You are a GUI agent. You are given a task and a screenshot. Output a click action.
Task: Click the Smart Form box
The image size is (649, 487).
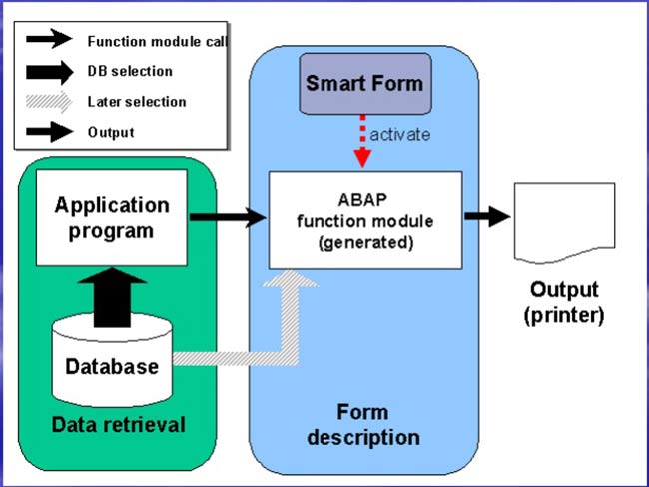[365, 84]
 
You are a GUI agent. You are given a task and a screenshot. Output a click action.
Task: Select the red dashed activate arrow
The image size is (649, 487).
[362, 141]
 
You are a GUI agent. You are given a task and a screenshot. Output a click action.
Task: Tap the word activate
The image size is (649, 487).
[399, 135]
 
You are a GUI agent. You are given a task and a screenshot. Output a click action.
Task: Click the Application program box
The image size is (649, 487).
[112, 218]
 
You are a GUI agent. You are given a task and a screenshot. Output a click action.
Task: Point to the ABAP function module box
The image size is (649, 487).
[365, 220]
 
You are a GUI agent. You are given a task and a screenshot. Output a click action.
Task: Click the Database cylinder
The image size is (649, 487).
[112, 360]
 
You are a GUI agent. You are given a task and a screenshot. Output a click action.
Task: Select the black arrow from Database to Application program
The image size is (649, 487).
[112, 297]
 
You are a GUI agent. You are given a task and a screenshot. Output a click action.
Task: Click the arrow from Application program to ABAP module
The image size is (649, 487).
[228, 217]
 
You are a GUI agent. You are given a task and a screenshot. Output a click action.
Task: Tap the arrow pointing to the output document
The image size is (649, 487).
[487, 216]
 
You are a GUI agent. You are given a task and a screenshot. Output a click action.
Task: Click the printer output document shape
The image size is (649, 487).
[564, 223]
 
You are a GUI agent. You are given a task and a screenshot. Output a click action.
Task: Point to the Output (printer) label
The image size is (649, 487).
[564, 303]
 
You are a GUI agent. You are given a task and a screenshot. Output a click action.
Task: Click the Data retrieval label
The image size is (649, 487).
[119, 425]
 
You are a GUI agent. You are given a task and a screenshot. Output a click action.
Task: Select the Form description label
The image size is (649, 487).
[363, 425]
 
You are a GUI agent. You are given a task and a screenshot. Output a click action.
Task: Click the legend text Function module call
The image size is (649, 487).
[158, 41]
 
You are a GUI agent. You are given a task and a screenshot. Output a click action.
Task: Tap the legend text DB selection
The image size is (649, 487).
[130, 71]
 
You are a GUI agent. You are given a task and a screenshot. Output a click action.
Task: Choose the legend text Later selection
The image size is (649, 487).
[137, 102]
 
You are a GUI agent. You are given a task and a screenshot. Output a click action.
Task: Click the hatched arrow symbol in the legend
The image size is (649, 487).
[49, 102]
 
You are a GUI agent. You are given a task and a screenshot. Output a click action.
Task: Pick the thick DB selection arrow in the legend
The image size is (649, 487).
[50, 72]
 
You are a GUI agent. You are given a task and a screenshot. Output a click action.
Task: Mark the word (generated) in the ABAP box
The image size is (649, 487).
[365, 242]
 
